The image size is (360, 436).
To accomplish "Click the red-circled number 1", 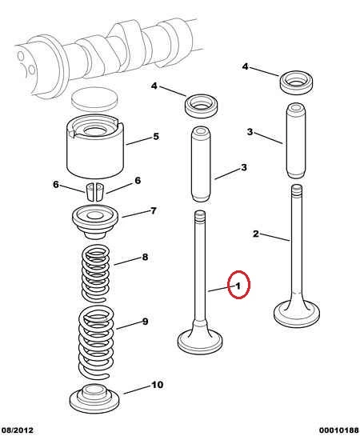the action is tap(238, 286).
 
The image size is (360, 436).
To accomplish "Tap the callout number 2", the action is tap(256, 234).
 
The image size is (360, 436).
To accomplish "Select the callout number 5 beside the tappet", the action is tap(156, 136).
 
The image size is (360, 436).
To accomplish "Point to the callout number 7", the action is tap(154, 210).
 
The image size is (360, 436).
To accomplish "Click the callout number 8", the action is tap(145, 257).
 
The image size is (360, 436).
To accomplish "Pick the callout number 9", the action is tap(145, 322).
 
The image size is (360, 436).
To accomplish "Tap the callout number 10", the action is tap(157, 385).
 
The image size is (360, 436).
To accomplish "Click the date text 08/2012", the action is tap(17, 430).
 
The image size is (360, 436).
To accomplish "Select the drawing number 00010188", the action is tap(339, 430).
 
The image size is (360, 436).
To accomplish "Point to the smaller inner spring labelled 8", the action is tap(95, 273).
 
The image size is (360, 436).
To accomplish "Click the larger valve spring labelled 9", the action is tap(96, 342).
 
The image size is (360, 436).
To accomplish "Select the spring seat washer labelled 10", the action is tap(94, 399).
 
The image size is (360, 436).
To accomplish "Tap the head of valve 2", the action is tap(297, 312).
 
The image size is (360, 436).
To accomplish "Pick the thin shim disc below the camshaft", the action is tap(94, 98).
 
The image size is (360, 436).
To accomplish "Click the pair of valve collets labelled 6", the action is tap(95, 191).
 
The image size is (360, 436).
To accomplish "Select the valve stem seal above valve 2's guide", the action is tap(296, 82).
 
